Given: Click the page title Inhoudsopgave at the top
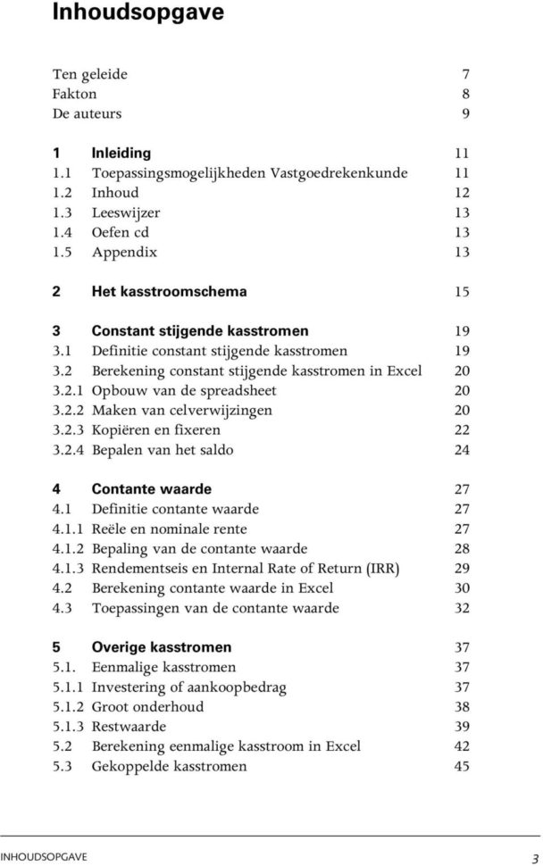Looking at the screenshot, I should [x=125, y=13].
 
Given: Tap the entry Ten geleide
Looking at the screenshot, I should [x=89, y=74].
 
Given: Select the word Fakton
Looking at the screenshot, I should [x=74, y=94].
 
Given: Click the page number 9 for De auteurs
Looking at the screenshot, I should [x=465, y=113].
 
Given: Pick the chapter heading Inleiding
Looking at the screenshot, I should [x=121, y=153].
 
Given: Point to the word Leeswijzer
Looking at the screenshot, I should [x=126, y=212].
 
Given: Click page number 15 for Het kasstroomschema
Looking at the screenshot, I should [x=462, y=291].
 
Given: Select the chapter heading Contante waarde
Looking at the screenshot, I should [x=152, y=489].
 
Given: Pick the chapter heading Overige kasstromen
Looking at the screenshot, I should [x=162, y=647].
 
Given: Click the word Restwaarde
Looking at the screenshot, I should [x=124, y=726].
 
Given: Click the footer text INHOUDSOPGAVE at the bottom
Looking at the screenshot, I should [x=44, y=856].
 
